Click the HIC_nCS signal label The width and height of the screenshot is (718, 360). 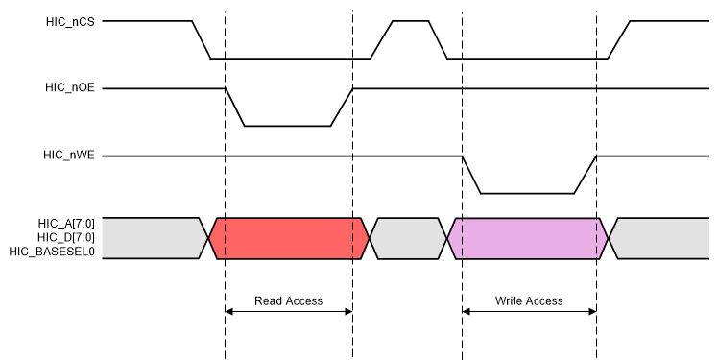tap(70, 20)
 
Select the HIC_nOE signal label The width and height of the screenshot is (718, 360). tap(70, 88)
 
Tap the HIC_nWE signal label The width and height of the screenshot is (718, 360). tap(69, 156)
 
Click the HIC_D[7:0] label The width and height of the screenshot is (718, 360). tap(68, 237)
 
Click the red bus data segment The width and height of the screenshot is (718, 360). tap(288, 238)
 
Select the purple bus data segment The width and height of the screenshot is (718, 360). tap(528, 238)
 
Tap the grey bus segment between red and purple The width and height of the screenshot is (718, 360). tap(408, 238)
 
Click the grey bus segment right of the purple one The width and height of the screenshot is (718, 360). tap(662, 238)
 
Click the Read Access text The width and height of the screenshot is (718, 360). tap(288, 300)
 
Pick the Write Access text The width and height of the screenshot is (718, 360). tap(529, 300)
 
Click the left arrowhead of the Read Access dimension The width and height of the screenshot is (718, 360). tap(229, 311)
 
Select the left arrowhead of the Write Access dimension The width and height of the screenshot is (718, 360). tap(467, 311)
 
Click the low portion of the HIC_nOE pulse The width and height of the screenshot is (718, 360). tap(288, 126)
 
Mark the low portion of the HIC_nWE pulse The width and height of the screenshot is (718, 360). tap(528, 193)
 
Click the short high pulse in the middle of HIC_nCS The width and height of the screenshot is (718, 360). tap(410, 21)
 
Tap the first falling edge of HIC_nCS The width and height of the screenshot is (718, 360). tap(202, 39)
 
